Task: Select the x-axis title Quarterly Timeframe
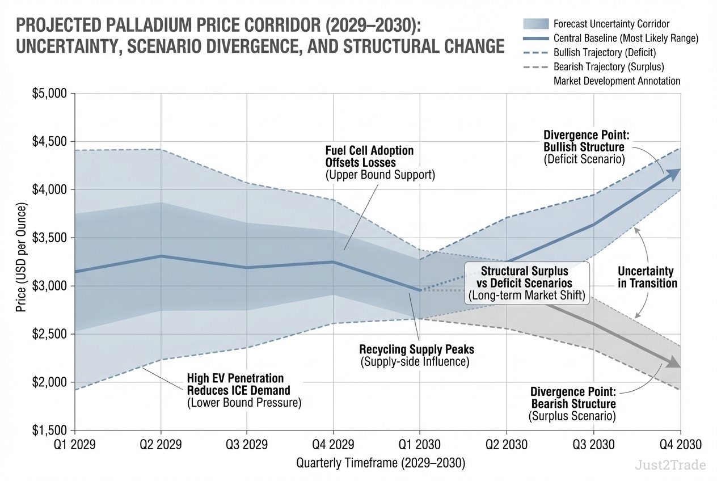(x=381, y=463)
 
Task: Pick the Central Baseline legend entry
(x=626, y=38)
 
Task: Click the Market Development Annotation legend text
(x=617, y=81)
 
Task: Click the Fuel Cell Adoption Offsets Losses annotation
(x=379, y=163)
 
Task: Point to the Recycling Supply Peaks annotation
(x=416, y=355)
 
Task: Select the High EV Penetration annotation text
(x=244, y=390)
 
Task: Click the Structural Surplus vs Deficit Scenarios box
(x=526, y=283)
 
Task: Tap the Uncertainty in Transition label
(x=647, y=277)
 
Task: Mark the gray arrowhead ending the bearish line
(x=673, y=362)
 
